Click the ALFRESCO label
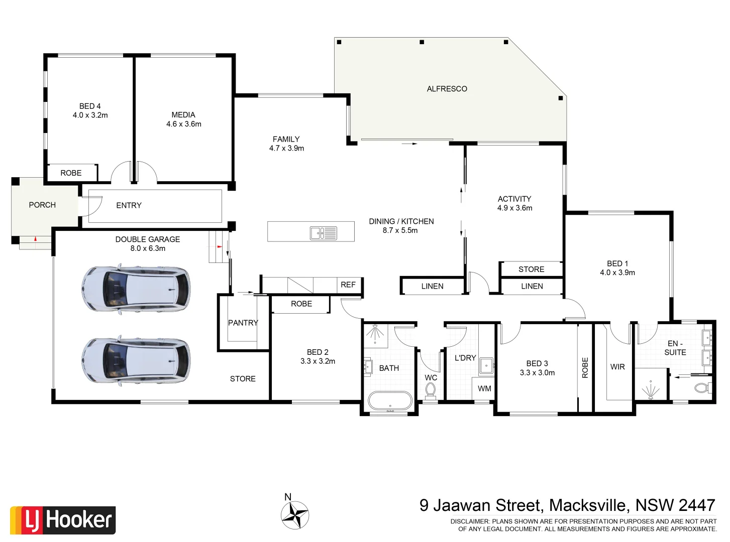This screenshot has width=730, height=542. point(447,89)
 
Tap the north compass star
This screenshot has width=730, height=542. point(294,515)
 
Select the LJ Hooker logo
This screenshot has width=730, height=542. point(63,520)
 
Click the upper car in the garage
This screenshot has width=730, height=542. point(136,289)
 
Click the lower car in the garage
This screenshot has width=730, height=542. point(136,360)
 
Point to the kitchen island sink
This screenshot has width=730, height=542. point(324,233)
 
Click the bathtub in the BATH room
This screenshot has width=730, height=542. point(390,401)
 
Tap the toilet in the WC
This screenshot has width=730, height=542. point(431,389)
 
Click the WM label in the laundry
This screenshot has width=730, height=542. point(484,388)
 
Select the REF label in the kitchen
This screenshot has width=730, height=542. point(348,285)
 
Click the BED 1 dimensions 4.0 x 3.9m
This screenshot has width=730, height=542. point(617,273)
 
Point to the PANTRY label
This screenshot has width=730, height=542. point(243,323)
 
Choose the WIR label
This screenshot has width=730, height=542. point(617,367)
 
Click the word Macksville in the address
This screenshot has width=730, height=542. point(588,505)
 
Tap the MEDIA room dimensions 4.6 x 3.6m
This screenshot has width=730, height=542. point(184,124)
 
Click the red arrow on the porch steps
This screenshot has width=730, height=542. point(35,239)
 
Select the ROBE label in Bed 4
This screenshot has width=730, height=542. point(71,173)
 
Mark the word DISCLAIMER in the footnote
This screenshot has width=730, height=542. point(469,521)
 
